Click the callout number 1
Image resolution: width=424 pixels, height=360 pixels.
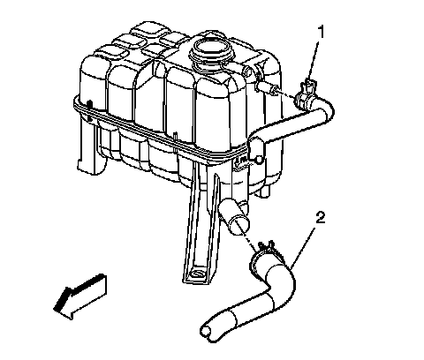(x=322, y=32)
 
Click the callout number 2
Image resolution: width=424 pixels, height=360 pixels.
(x=320, y=218)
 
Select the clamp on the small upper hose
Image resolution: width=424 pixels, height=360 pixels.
(x=306, y=94)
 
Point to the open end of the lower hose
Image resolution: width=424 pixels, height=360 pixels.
(x=206, y=332)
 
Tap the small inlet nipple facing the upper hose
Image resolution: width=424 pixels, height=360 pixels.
(x=268, y=87)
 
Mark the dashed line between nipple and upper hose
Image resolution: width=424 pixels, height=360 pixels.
(x=286, y=94)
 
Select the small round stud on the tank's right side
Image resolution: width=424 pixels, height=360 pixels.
(x=258, y=160)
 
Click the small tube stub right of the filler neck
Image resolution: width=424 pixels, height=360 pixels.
(x=246, y=71)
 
